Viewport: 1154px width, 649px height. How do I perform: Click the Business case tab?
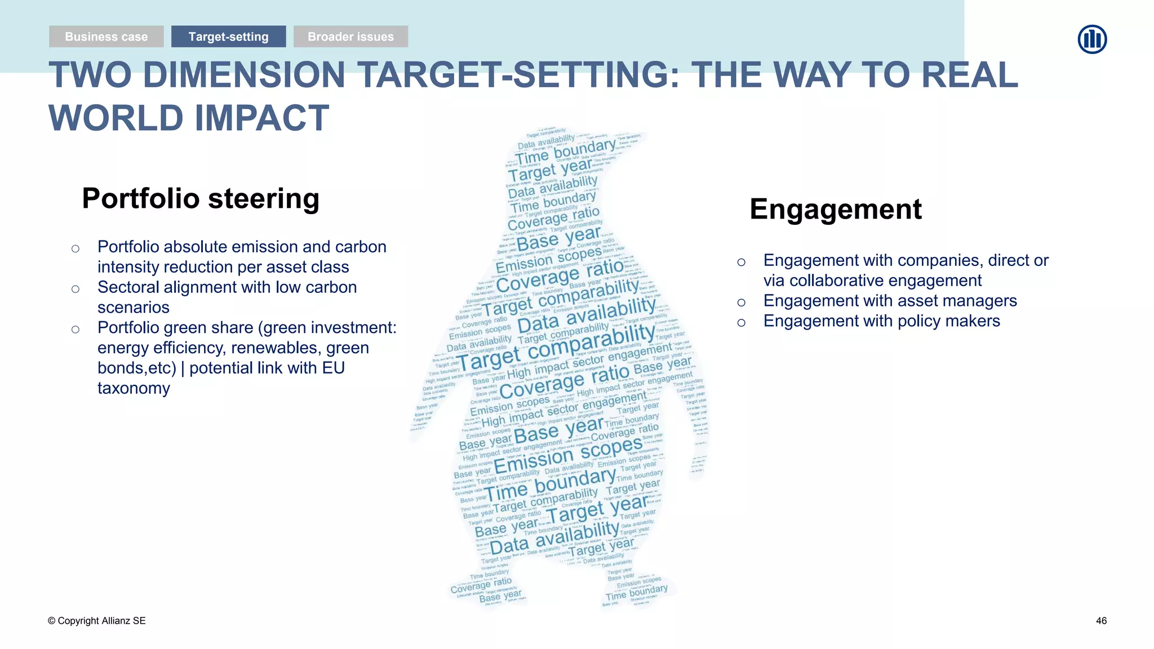[x=106, y=37]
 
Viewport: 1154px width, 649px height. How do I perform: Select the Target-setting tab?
[x=228, y=37]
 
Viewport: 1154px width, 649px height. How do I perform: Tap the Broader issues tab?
[x=350, y=37]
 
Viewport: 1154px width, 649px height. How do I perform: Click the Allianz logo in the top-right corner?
[x=1092, y=39]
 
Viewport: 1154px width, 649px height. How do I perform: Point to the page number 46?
[x=1101, y=621]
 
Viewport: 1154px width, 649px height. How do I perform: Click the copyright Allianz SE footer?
[x=96, y=621]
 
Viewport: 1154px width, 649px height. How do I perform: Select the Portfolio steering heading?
[x=201, y=198]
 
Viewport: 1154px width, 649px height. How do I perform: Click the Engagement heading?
[x=835, y=209]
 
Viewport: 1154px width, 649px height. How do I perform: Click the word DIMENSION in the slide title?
[x=243, y=75]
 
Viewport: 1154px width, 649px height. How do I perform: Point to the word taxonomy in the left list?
[x=134, y=388]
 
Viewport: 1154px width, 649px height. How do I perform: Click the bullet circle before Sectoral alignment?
[x=76, y=289]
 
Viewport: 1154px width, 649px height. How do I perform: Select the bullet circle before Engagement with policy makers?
[x=742, y=323]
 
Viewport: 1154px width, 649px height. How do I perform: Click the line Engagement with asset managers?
[x=890, y=301]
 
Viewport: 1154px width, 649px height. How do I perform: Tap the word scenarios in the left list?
[x=134, y=308]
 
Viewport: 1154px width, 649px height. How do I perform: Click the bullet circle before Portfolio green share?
[x=76, y=330]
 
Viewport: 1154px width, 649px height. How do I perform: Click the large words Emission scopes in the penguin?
[x=567, y=456]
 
